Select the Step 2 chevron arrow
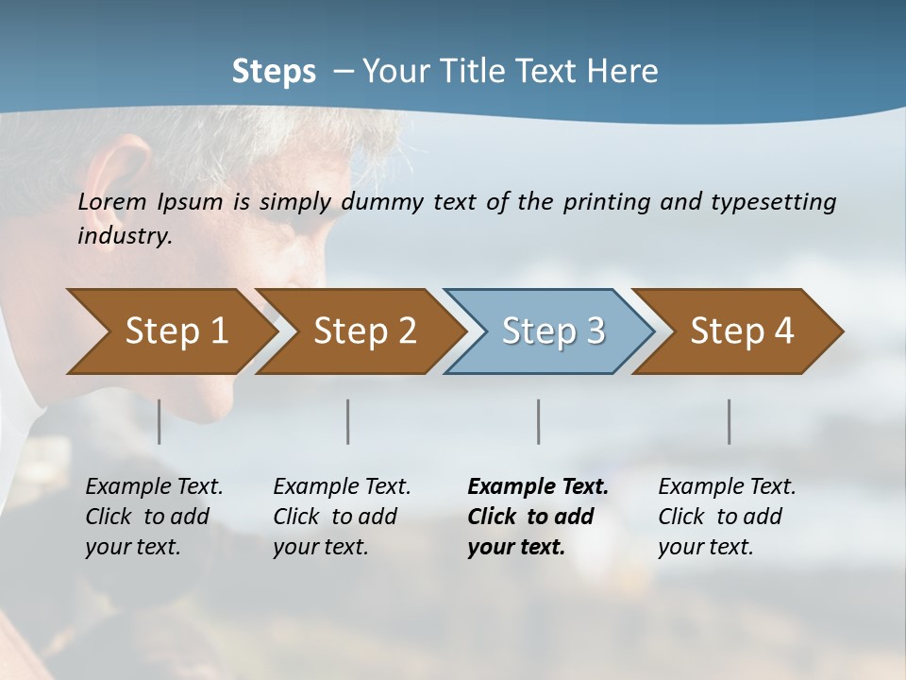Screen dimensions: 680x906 pos(360,331)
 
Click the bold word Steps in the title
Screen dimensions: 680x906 pos(274,71)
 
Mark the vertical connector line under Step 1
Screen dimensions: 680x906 pos(159,421)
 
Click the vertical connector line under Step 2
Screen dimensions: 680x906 pos(348,421)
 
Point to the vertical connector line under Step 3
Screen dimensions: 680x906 pos(539,421)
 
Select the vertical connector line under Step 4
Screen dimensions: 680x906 pos(730,421)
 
